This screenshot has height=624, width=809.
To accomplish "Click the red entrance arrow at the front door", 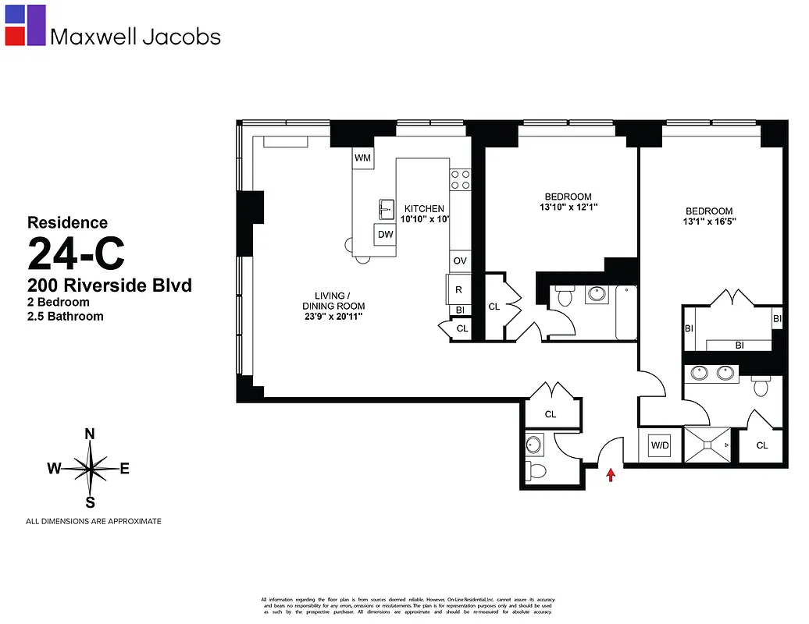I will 611,474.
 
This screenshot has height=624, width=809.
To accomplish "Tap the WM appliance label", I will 362,158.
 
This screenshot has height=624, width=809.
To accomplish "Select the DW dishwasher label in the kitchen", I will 385,234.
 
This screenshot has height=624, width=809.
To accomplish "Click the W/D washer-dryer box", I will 660,446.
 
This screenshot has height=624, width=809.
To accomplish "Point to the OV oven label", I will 460,261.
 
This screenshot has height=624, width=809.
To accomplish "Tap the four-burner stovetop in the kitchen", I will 460,180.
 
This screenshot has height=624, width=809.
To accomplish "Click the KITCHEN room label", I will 424,209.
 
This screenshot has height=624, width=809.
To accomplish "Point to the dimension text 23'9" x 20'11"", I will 334,317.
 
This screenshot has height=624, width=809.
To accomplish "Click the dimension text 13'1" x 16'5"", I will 709,222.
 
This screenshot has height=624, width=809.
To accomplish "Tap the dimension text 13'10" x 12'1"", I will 568,207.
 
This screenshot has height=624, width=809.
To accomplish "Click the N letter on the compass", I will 90,434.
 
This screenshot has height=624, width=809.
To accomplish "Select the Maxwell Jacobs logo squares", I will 25,25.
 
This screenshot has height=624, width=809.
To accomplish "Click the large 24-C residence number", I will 76,253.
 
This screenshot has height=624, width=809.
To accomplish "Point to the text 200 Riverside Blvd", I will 109,285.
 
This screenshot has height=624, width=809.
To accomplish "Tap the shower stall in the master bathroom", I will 708,445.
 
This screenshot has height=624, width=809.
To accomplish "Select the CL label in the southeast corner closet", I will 761,445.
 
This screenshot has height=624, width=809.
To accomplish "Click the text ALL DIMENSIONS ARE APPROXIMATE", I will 94,521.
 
